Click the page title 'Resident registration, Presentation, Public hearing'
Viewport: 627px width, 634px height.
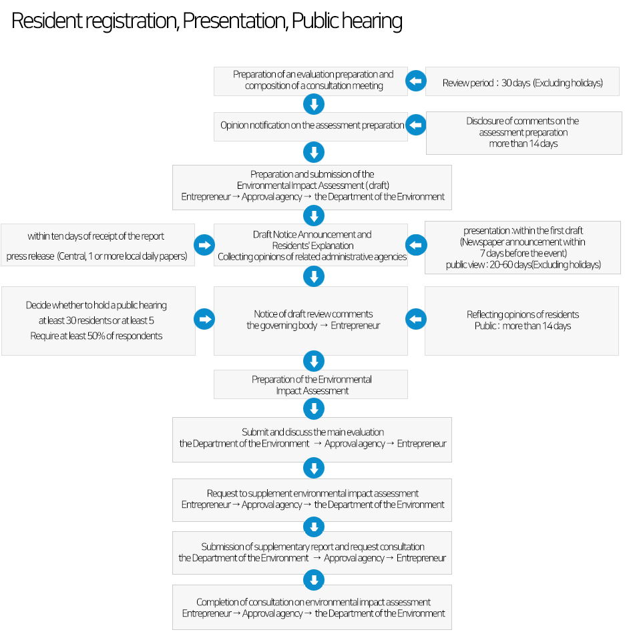207,21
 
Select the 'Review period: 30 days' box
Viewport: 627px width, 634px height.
522,81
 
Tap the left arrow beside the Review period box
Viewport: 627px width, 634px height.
416,81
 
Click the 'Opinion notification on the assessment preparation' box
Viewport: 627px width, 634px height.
310,127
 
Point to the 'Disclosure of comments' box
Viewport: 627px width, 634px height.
524,133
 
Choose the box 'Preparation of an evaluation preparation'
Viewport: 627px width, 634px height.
310,81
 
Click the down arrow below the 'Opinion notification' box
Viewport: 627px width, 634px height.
314,152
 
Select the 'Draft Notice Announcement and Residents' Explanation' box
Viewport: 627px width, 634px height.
310,245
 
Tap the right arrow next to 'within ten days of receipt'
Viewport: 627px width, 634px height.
204,245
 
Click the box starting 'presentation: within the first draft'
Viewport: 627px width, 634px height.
523,248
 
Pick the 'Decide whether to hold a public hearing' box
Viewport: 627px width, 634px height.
98,321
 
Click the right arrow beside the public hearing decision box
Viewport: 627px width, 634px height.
204,319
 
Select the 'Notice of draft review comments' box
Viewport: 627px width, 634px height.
310,321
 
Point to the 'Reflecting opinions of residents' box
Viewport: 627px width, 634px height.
521,321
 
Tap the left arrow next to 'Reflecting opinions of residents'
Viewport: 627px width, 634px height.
416,319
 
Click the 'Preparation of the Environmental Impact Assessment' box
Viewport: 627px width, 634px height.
310,384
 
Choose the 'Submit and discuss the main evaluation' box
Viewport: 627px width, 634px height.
312,440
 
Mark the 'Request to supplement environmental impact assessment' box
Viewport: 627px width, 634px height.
312,500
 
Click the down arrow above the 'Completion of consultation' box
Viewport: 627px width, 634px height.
314,580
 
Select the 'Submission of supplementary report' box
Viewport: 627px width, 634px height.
312,553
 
